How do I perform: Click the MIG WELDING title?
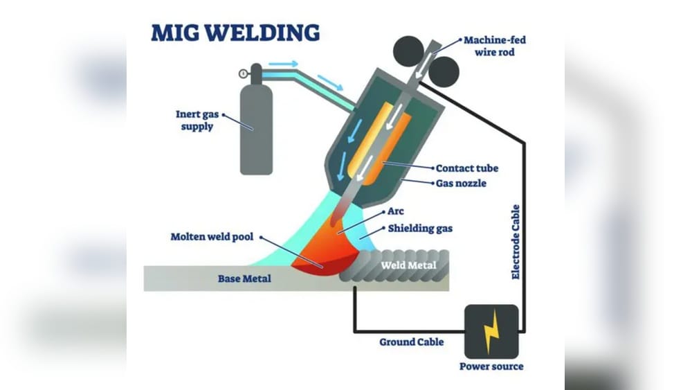tap(235, 33)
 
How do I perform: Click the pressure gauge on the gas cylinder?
tap(243, 73)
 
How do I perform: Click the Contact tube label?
tap(466, 168)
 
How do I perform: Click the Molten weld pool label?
tap(212, 237)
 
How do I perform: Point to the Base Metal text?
tap(244, 279)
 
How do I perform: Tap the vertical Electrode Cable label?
tap(516, 242)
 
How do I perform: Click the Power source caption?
tap(491, 366)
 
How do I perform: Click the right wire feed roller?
tap(444, 71)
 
